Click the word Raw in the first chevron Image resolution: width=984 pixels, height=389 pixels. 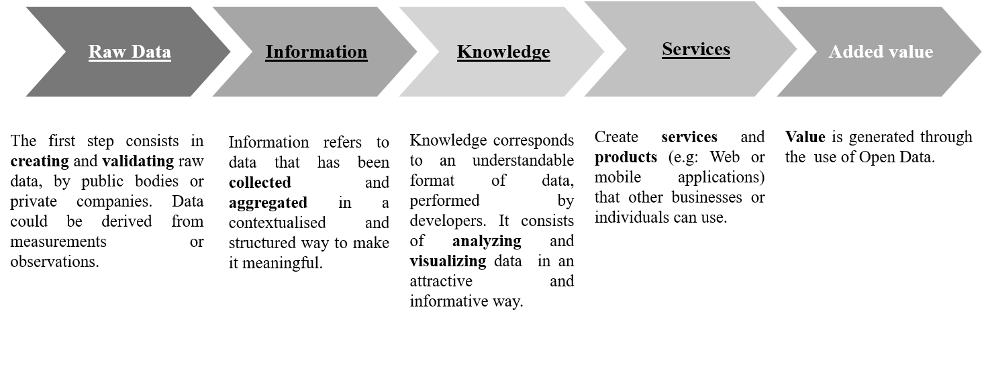(101, 52)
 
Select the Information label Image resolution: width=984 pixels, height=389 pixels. (316, 52)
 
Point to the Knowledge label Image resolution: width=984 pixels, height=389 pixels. (503, 52)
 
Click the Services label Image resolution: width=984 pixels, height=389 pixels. (695, 49)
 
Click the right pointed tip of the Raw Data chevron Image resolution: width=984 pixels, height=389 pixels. (231, 52)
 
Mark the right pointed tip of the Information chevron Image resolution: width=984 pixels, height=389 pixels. (417, 52)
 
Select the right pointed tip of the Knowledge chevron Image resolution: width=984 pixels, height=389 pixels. (605, 52)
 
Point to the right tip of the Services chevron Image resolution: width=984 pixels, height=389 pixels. (797, 49)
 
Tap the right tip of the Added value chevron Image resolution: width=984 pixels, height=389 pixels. (981, 52)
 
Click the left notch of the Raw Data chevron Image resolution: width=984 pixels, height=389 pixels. (64, 52)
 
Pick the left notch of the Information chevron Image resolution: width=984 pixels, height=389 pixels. (250, 52)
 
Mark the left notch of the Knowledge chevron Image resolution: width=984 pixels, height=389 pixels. (436, 52)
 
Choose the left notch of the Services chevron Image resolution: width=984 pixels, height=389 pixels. (624, 49)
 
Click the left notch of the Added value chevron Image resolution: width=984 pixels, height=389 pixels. (814, 52)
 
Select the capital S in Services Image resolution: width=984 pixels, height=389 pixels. (667, 49)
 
